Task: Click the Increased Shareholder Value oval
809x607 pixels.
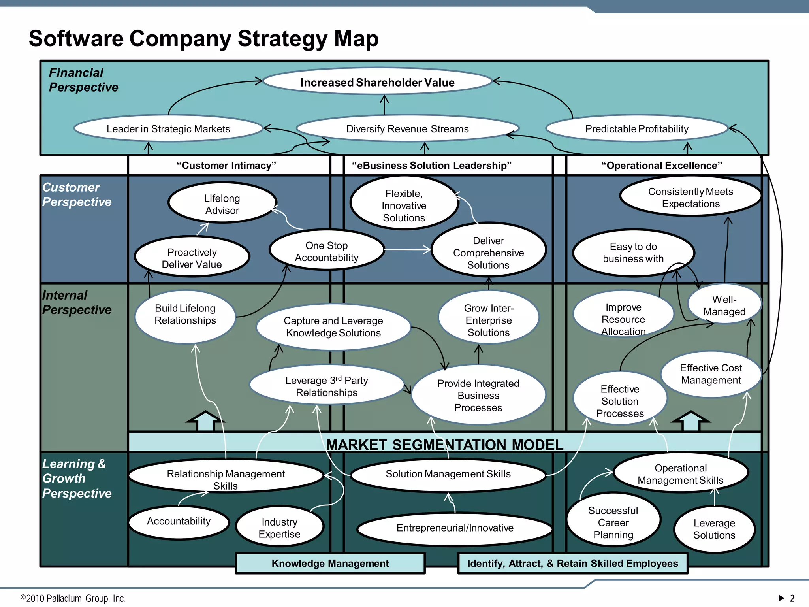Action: click(x=377, y=82)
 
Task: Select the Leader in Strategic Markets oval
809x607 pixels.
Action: click(x=168, y=129)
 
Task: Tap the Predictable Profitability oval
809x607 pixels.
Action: click(x=636, y=129)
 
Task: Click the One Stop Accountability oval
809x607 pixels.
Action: click(x=327, y=251)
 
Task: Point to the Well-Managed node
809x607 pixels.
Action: click(x=724, y=305)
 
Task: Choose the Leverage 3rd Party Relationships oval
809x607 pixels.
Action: click(x=327, y=386)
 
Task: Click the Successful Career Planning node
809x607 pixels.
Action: click(x=613, y=522)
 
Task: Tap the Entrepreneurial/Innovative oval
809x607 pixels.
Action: click(x=455, y=528)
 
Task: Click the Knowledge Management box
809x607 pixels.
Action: click(x=330, y=563)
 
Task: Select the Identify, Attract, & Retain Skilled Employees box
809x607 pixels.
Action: click(x=572, y=563)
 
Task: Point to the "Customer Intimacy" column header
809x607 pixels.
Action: click(x=226, y=165)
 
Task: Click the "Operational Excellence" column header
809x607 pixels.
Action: click(x=662, y=165)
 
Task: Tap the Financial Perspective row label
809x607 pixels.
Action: click(x=83, y=80)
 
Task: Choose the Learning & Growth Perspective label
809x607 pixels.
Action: click(x=77, y=479)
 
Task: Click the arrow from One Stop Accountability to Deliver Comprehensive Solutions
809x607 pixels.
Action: click(x=407, y=250)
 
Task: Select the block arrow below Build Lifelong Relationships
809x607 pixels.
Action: click(x=205, y=421)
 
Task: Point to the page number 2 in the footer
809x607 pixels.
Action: click(x=792, y=598)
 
